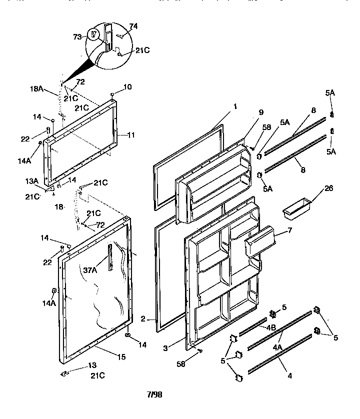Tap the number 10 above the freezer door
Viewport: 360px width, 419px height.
(x=128, y=87)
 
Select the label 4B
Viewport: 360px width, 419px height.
(x=271, y=328)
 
